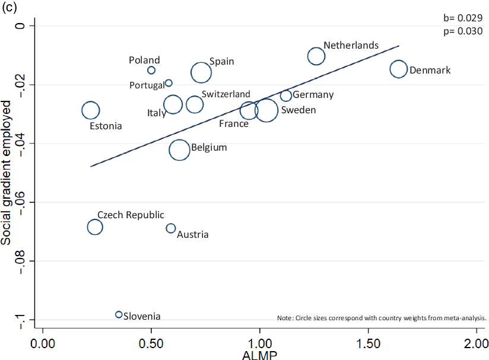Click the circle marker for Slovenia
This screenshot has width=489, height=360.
point(119,314)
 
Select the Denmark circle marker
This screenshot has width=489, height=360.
point(398,69)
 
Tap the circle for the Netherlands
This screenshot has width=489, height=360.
point(316,56)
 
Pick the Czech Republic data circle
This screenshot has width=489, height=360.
point(95,227)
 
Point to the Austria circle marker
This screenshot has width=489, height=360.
point(171,228)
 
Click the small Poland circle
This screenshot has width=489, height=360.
point(151,70)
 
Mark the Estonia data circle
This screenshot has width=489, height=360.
point(90,110)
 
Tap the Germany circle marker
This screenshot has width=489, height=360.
point(286,96)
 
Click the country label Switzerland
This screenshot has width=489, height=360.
point(226,94)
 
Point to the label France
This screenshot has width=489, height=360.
point(234,124)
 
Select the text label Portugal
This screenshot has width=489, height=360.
point(147,85)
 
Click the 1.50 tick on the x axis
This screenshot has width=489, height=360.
point(368,343)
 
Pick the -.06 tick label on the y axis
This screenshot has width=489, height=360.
point(23,203)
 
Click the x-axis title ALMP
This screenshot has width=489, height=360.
point(259,355)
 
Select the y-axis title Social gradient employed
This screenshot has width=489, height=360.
point(8,172)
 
